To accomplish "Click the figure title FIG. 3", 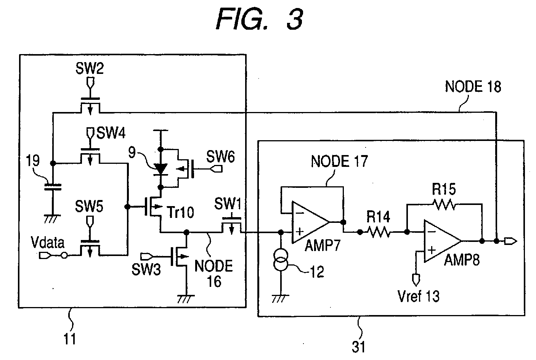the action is (x=260, y=19).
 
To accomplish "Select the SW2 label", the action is (x=90, y=68).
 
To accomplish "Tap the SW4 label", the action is (x=111, y=133).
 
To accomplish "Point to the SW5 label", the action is (x=89, y=206).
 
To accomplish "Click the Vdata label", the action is (x=48, y=243).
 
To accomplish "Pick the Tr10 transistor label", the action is (x=180, y=212).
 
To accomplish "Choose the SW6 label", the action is (x=220, y=157).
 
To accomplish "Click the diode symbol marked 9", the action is (x=160, y=169).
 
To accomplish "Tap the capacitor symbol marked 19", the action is (x=53, y=187).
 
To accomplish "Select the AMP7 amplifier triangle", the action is (x=310, y=222).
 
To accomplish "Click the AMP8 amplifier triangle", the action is (x=442, y=241).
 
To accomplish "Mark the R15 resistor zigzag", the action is (x=444, y=205).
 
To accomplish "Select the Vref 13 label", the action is (x=419, y=296).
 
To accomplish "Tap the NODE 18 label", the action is (x=473, y=86).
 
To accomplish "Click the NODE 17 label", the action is (x=339, y=161).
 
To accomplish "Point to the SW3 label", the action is (x=146, y=269).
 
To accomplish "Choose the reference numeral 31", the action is (x=358, y=347).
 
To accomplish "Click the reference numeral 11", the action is (x=70, y=339).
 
